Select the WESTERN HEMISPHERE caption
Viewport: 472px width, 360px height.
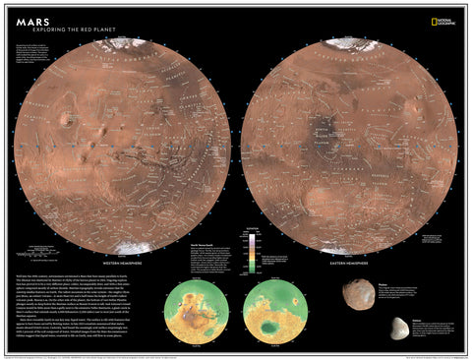[128, 264]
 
